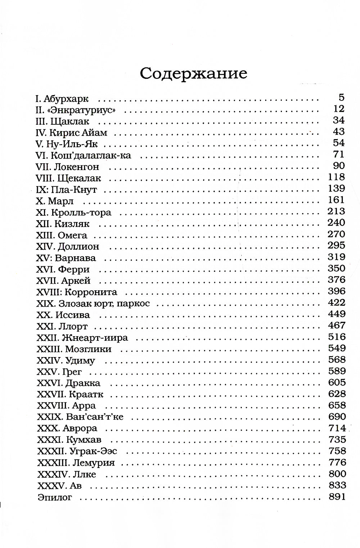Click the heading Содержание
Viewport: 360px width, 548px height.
point(193,73)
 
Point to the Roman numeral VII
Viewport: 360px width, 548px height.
point(42,167)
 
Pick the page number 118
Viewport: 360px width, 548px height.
point(337,177)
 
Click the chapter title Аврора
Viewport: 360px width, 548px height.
point(80,428)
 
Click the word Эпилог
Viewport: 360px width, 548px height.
point(55,498)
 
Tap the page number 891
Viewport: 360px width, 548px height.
point(337,497)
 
